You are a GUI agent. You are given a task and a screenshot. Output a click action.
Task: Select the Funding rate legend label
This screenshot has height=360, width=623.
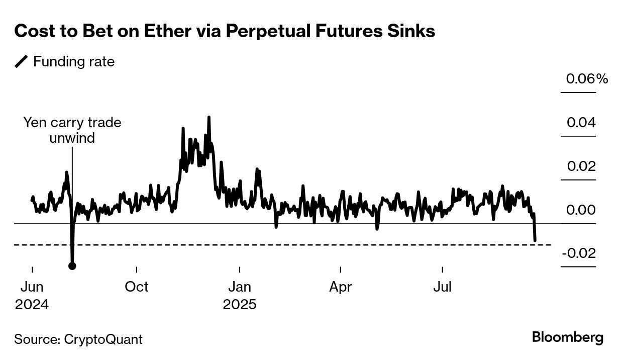(74, 62)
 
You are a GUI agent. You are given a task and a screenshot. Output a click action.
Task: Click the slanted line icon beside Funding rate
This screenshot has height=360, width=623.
(22, 62)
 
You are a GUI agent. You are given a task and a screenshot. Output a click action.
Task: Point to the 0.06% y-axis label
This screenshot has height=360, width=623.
(587, 79)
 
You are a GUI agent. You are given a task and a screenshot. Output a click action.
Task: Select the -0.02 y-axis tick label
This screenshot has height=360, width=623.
(578, 253)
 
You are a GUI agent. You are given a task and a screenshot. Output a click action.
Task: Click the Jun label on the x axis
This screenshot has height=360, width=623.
(32, 287)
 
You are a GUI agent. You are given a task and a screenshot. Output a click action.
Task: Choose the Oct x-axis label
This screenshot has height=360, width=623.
(137, 287)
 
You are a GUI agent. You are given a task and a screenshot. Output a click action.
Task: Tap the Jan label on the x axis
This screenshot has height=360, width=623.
(240, 287)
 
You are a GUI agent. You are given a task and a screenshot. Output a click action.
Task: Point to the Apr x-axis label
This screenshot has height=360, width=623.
(341, 287)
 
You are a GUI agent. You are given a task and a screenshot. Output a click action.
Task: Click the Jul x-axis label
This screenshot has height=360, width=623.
(443, 287)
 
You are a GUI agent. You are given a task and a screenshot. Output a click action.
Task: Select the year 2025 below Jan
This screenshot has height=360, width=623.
(240, 305)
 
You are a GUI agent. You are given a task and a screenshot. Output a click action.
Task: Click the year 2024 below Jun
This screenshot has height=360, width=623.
(32, 305)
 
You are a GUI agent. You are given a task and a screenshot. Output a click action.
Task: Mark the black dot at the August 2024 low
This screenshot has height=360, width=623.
(72, 266)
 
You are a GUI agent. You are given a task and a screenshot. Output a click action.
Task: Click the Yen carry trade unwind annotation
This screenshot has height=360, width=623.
(72, 130)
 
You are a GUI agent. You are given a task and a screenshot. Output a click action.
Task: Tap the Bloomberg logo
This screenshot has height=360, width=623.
(568, 337)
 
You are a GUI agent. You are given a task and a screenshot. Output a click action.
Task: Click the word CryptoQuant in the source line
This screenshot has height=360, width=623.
(103, 339)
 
